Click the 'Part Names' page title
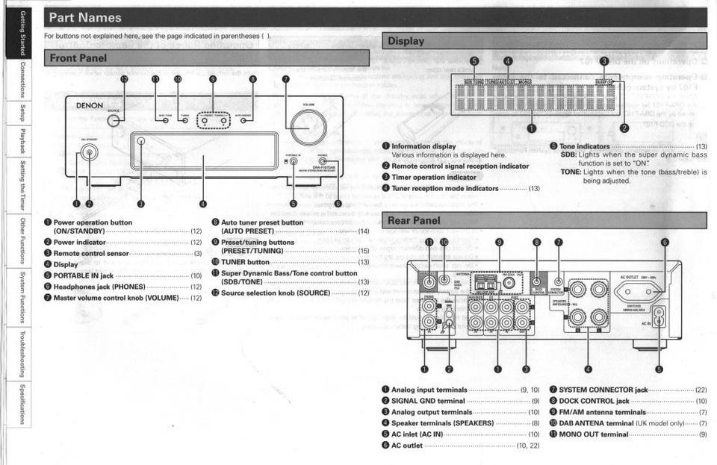pos(84,17)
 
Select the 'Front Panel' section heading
pos(78,58)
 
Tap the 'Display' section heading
pos(406,42)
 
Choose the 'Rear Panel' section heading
pos(414,220)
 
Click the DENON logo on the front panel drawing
pos(90,106)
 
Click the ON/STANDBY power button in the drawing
pos(90,153)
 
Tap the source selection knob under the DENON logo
pos(114,120)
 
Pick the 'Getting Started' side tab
pos(23,33)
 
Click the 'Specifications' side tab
pos(23,403)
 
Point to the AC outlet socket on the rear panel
pos(638,293)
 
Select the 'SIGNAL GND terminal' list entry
pos(428,401)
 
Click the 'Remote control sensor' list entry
pos(91,254)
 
